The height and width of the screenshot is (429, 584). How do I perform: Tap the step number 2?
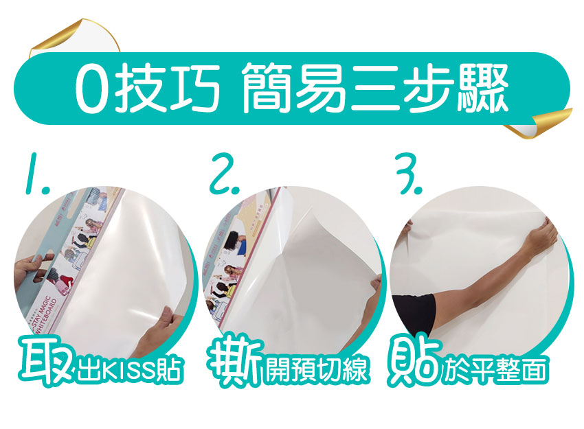point(225,177)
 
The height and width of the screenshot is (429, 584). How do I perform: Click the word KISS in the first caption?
point(130,371)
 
